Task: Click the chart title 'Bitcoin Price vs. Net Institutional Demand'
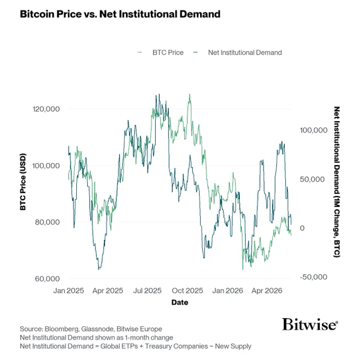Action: (x=120, y=14)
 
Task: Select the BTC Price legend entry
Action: (x=160, y=52)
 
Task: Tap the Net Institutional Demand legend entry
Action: (x=238, y=52)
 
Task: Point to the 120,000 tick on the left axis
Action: (x=46, y=109)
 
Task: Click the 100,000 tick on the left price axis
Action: (x=46, y=166)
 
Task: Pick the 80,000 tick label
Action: (x=47, y=222)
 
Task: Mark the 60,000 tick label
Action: (x=47, y=278)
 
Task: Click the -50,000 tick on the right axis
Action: (x=313, y=277)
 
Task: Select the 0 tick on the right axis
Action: (x=302, y=228)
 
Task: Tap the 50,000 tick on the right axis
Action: (x=312, y=179)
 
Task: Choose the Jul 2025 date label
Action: (x=147, y=291)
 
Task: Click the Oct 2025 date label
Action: (x=187, y=291)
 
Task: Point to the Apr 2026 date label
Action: (x=267, y=291)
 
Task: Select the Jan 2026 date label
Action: (x=228, y=291)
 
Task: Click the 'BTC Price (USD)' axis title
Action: (x=23, y=182)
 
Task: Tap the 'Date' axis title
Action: (x=180, y=302)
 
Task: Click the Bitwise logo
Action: (x=310, y=324)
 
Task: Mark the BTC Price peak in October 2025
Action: (x=190, y=94)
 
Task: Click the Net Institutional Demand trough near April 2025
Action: (x=99, y=269)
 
